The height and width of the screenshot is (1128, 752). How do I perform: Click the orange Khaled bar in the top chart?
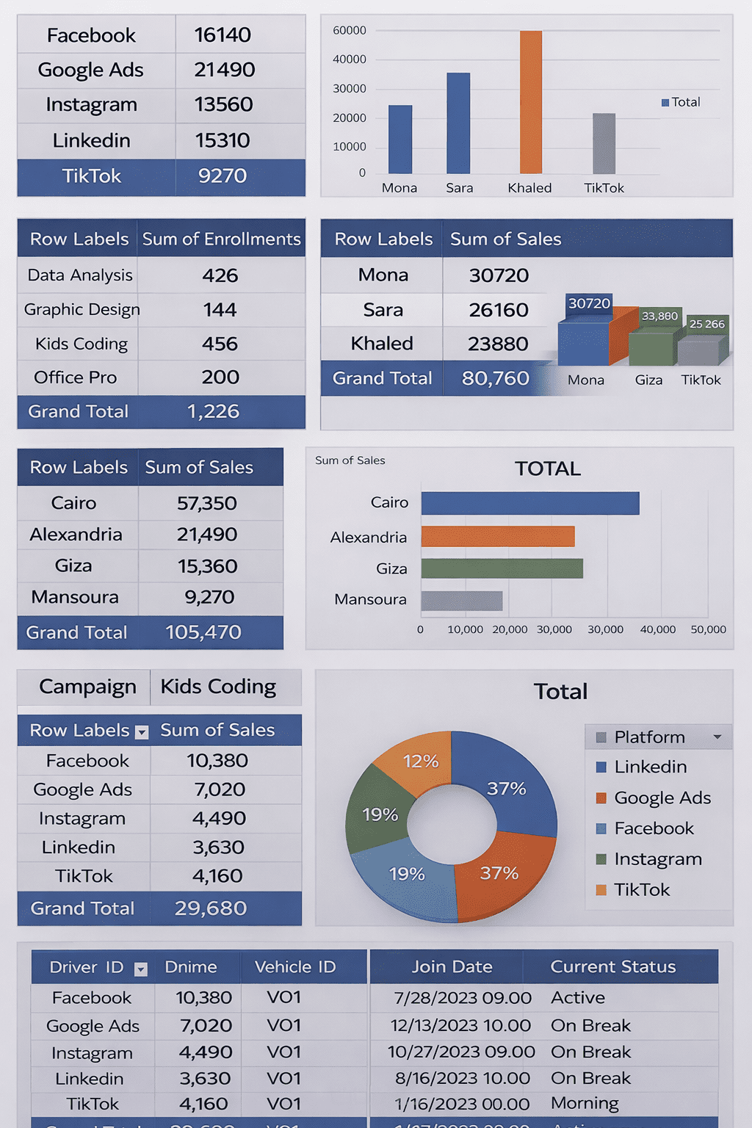[x=531, y=103]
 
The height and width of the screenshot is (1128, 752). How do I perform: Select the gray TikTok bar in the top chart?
[x=604, y=144]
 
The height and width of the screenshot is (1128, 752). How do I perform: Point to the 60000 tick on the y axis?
[x=350, y=31]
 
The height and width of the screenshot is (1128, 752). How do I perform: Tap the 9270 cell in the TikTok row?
[x=223, y=176]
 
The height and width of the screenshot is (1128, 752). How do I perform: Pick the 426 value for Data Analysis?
[x=220, y=275]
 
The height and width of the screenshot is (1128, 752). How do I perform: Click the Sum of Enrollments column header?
[x=221, y=239]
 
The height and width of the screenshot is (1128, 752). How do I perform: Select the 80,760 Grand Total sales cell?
[x=495, y=378]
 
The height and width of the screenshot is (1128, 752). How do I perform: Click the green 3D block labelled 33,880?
[x=652, y=345]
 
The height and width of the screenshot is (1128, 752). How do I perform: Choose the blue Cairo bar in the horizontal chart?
[x=529, y=503]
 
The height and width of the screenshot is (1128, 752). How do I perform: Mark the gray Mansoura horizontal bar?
[x=462, y=601]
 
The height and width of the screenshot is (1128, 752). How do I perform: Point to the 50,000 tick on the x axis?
[x=708, y=629]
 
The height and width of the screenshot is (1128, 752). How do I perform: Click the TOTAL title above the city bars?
[x=548, y=469]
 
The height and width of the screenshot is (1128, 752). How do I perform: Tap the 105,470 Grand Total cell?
[x=203, y=632]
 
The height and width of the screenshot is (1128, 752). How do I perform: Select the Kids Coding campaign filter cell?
[x=218, y=687]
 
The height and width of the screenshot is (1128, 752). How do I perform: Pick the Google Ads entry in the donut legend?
[x=662, y=798]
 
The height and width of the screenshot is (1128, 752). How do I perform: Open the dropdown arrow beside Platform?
[x=717, y=737]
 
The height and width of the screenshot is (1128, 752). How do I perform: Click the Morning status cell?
[x=585, y=1103]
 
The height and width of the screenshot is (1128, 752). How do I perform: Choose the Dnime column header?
[x=191, y=967]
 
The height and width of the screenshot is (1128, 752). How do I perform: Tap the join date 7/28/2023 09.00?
[x=463, y=998]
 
